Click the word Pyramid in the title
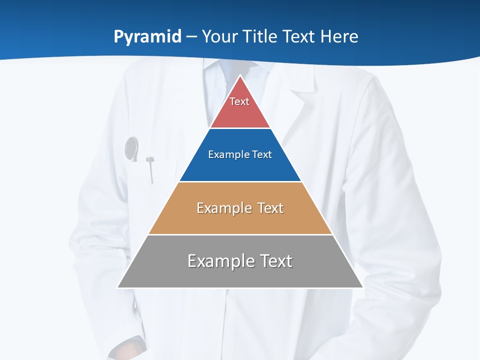tap(147, 37)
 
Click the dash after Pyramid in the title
tap(191, 37)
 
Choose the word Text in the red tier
tap(239, 101)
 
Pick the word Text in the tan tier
tap(270, 208)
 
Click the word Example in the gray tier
tap(220, 261)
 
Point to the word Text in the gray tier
tap(276, 261)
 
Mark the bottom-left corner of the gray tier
tap(118, 287)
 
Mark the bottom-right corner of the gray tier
tap(363, 287)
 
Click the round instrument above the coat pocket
tap(131, 148)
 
